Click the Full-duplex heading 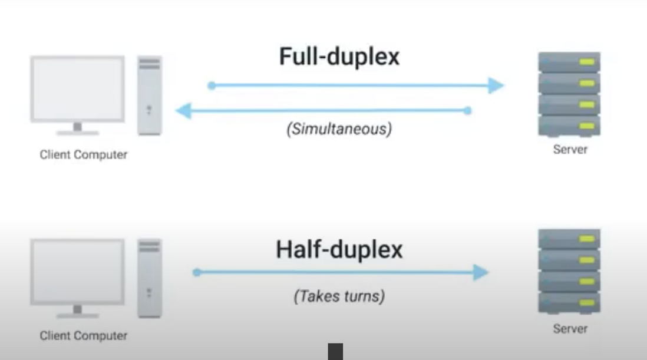pyautogui.click(x=339, y=57)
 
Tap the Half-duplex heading pyautogui.click(x=339, y=249)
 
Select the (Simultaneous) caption pyautogui.click(x=339, y=129)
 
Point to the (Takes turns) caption pyautogui.click(x=339, y=296)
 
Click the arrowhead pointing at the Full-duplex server pyautogui.click(x=496, y=85)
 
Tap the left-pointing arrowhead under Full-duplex pyautogui.click(x=184, y=110)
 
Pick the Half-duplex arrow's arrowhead pyautogui.click(x=481, y=272)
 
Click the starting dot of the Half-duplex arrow pyautogui.click(x=197, y=272)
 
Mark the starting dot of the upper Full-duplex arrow pyautogui.click(x=212, y=85)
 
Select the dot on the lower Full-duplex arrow pyautogui.click(x=467, y=110)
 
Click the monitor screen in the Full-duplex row pyautogui.click(x=77, y=88)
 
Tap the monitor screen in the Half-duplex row pyautogui.click(x=77, y=271)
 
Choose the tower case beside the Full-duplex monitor pyautogui.click(x=150, y=95)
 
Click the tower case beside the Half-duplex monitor pyautogui.click(x=150, y=278)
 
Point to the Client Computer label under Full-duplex pyautogui.click(x=83, y=155)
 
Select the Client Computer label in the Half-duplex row pyautogui.click(x=83, y=336)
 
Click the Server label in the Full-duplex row pyautogui.click(x=570, y=150)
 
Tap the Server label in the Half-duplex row pyautogui.click(x=570, y=329)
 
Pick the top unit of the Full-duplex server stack pyautogui.click(x=569, y=62)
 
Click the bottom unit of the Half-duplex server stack pyautogui.click(x=569, y=303)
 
